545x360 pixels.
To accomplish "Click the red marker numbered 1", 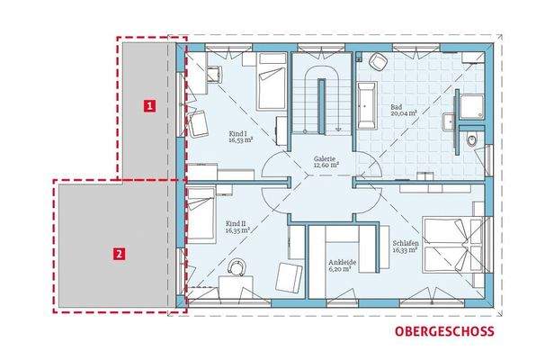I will point(151,105).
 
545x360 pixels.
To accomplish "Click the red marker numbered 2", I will point(120,254).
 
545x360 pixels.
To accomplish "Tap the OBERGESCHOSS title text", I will point(443,332).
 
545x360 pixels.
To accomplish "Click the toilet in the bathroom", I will point(474,139).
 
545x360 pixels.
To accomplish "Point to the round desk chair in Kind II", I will point(237,267).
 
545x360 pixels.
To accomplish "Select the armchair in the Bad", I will point(379,63).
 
